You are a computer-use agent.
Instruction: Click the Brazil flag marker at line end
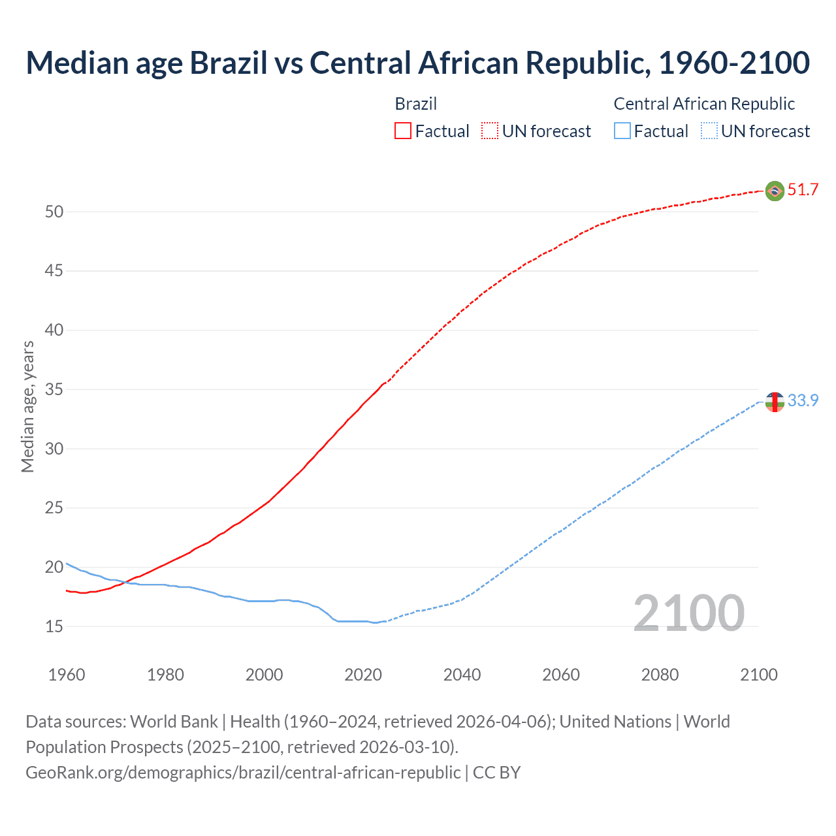775,191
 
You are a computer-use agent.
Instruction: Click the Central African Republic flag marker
775,402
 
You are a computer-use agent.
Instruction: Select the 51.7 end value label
803,190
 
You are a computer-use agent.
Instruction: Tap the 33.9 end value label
803,400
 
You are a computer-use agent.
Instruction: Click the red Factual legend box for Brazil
403,131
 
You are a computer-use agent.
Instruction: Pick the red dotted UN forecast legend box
490,131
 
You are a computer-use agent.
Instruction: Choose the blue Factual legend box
622,131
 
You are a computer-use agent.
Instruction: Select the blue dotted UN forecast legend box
709,131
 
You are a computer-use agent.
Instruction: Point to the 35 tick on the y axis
54,390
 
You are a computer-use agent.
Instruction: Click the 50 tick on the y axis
54,212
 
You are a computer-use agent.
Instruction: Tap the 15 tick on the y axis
54,627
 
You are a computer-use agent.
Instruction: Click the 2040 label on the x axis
462,675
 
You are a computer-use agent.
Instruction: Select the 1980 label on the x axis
165,675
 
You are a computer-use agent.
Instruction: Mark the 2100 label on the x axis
758,675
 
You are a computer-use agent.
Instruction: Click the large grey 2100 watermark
689,613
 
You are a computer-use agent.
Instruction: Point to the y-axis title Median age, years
27,406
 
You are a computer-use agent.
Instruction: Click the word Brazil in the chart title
228,63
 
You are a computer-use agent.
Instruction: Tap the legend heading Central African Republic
704,104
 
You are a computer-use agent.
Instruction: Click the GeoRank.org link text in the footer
243,773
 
